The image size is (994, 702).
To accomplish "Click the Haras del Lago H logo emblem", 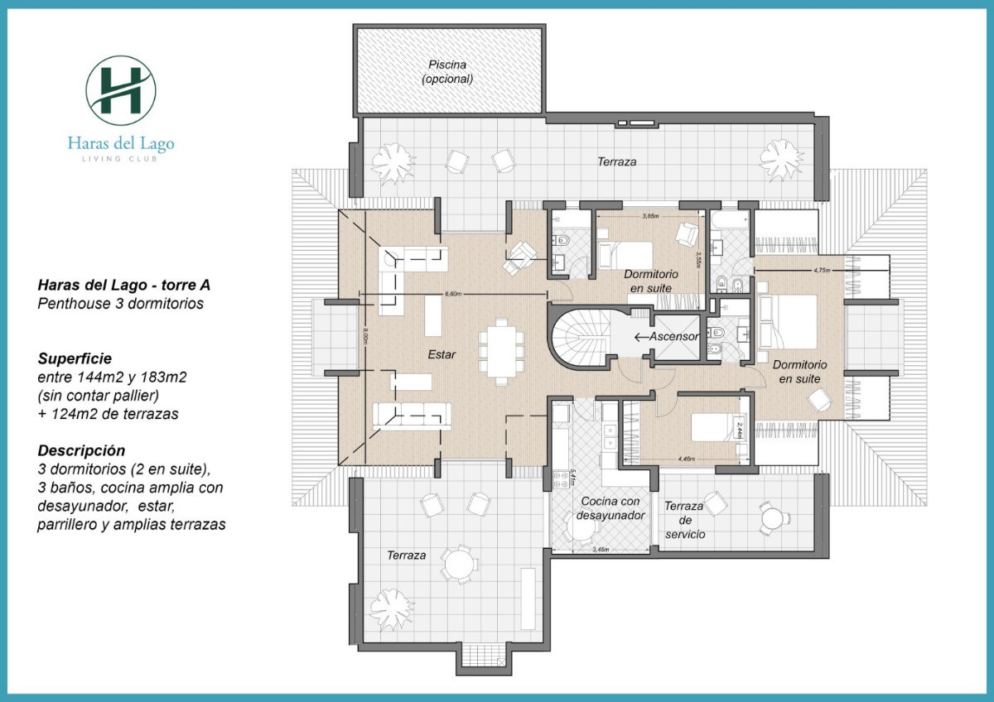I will (121, 90).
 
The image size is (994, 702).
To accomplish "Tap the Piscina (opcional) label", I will (447, 72).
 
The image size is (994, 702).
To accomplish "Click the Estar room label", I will (442, 353).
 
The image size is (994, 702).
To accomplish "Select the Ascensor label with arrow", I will (668, 337).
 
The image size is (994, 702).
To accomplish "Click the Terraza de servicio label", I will (684, 520).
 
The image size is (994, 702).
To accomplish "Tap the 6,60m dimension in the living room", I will (453, 294).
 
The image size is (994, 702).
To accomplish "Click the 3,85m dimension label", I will (650, 216).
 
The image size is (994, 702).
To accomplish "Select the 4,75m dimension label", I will (821, 270).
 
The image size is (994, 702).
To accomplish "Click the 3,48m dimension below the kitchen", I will (601, 550).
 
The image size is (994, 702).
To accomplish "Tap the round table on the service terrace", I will (773, 518).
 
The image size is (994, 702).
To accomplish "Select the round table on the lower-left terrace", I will (457, 565).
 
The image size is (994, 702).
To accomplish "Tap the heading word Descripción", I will (81, 451).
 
